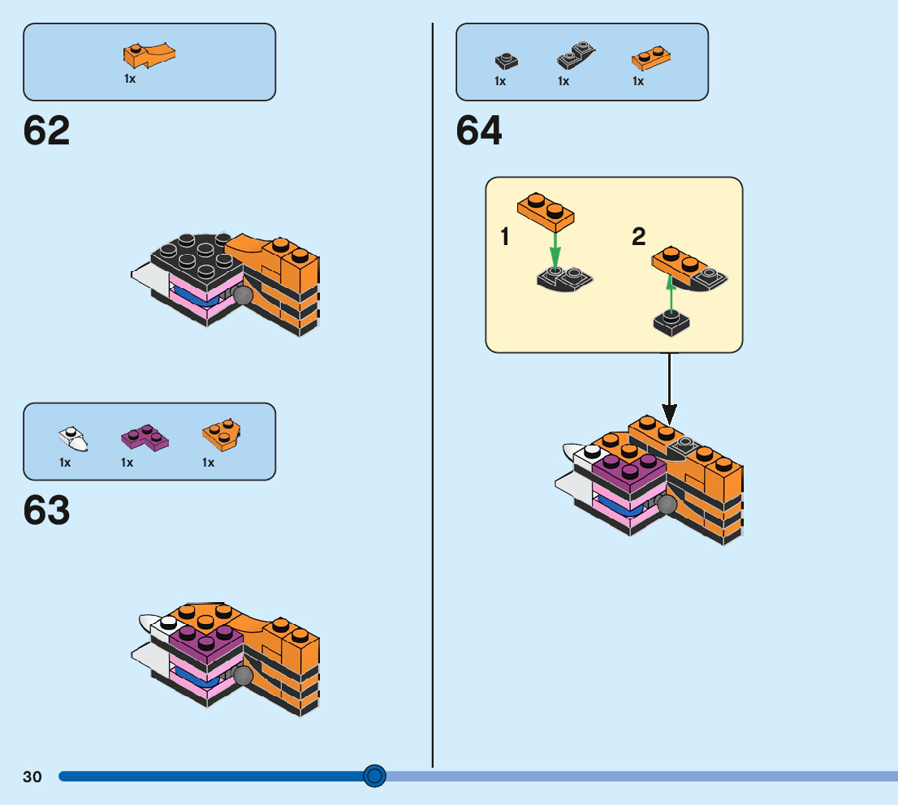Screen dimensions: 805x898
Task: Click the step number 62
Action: pyautogui.click(x=47, y=131)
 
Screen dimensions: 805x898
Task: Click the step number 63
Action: pyautogui.click(x=47, y=511)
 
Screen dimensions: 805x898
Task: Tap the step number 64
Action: pyautogui.click(x=479, y=131)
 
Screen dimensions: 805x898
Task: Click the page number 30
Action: pyautogui.click(x=32, y=777)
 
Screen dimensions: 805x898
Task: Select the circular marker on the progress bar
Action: pyautogui.click(x=374, y=777)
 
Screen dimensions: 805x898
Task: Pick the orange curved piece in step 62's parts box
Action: pyautogui.click(x=149, y=54)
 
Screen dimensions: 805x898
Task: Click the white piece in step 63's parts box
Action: pyautogui.click(x=73, y=438)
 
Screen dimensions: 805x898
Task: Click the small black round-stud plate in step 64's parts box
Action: pyautogui.click(x=506, y=61)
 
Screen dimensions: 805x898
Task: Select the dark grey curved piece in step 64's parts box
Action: pyautogui.click(x=576, y=57)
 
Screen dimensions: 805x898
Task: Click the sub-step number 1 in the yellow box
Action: pyautogui.click(x=505, y=238)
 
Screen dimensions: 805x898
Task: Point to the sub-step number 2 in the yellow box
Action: pyautogui.click(x=639, y=238)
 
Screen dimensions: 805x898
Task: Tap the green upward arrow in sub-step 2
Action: pyautogui.click(x=671, y=294)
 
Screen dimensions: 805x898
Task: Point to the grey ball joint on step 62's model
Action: pyautogui.click(x=242, y=296)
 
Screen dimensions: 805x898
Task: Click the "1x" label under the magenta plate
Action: pyautogui.click(x=127, y=463)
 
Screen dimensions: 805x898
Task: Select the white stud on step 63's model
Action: pyautogui.click(x=168, y=622)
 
